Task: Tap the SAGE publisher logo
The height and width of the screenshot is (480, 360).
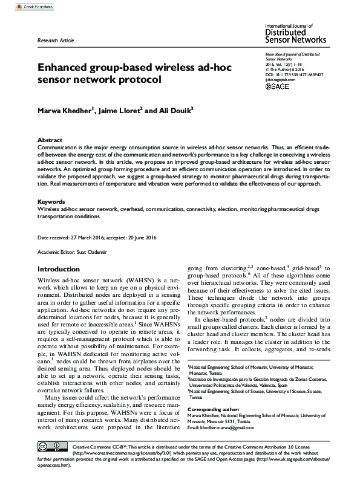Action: click(x=278, y=87)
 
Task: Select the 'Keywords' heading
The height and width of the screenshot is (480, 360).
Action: click(x=52, y=201)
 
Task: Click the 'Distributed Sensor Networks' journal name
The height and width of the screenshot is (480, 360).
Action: click(x=296, y=37)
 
